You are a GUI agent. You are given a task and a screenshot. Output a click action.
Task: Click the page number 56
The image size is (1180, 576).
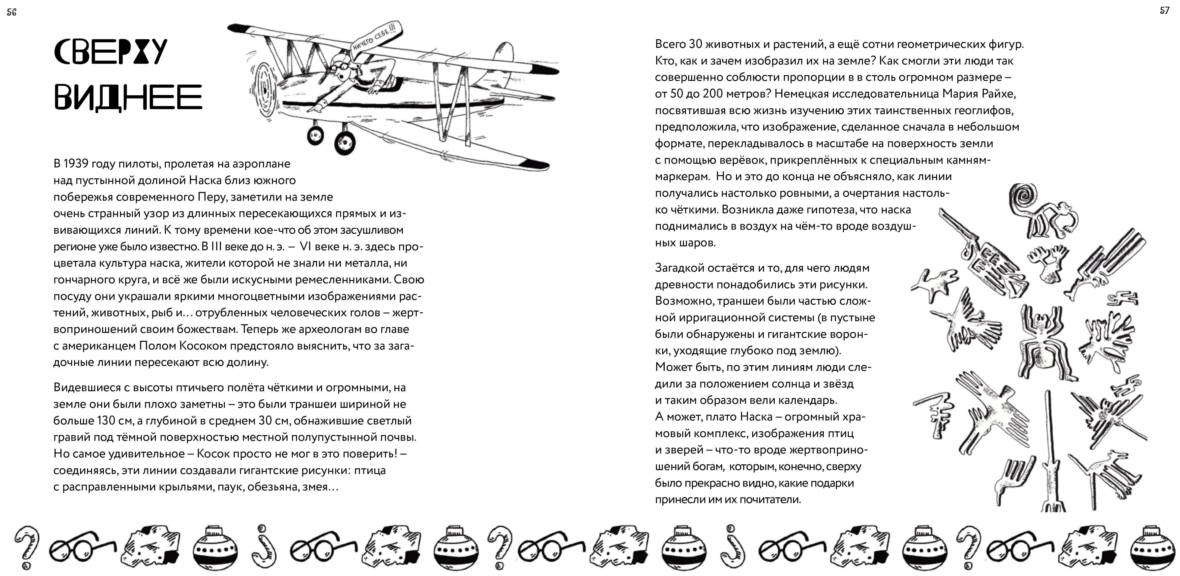pyautogui.click(x=11, y=12)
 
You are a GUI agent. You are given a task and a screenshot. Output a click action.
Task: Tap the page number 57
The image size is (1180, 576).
pyautogui.click(x=1165, y=10)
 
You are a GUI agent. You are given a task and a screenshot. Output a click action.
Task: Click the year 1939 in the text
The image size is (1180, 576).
pyautogui.click(x=76, y=163)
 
